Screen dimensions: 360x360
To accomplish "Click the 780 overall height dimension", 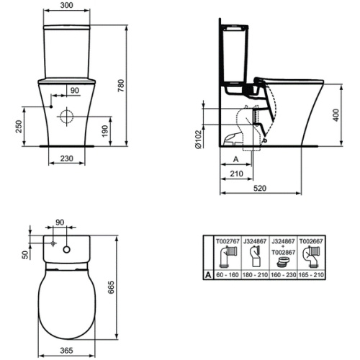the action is tap(121, 86).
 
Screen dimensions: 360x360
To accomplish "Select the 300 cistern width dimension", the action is tap(66, 5).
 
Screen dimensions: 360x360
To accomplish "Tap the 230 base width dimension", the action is tap(66, 158).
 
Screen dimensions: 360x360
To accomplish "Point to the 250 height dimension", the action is tap(19, 127).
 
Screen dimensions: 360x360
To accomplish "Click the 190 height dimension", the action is tap(105, 131).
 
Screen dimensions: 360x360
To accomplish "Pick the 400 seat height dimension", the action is tap(336, 115).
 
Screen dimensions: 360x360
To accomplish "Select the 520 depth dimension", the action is tap(260, 188).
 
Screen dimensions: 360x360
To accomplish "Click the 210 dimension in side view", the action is tap(236, 174).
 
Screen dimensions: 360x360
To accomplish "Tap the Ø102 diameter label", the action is tap(199, 140).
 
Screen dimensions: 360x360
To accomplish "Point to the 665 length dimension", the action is tap(111, 287).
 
